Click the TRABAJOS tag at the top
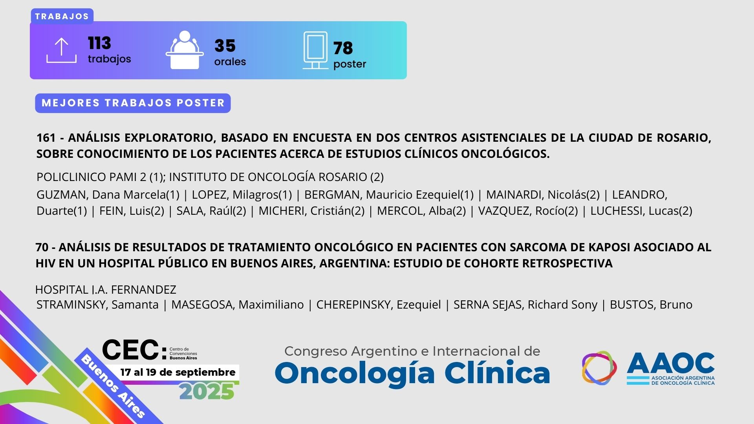point(62,16)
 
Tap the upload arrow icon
point(61,50)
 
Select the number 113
point(99,43)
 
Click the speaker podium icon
point(185,50)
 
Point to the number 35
point(225,46)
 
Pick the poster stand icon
point(315,50)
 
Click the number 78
point(343,48)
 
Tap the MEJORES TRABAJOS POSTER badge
point(133,103)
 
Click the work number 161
point(46,138)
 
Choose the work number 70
point(42,247)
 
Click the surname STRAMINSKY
point(72,305)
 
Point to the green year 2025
point(207,392)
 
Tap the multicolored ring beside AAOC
point(599,368)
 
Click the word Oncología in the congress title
point(355,373)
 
